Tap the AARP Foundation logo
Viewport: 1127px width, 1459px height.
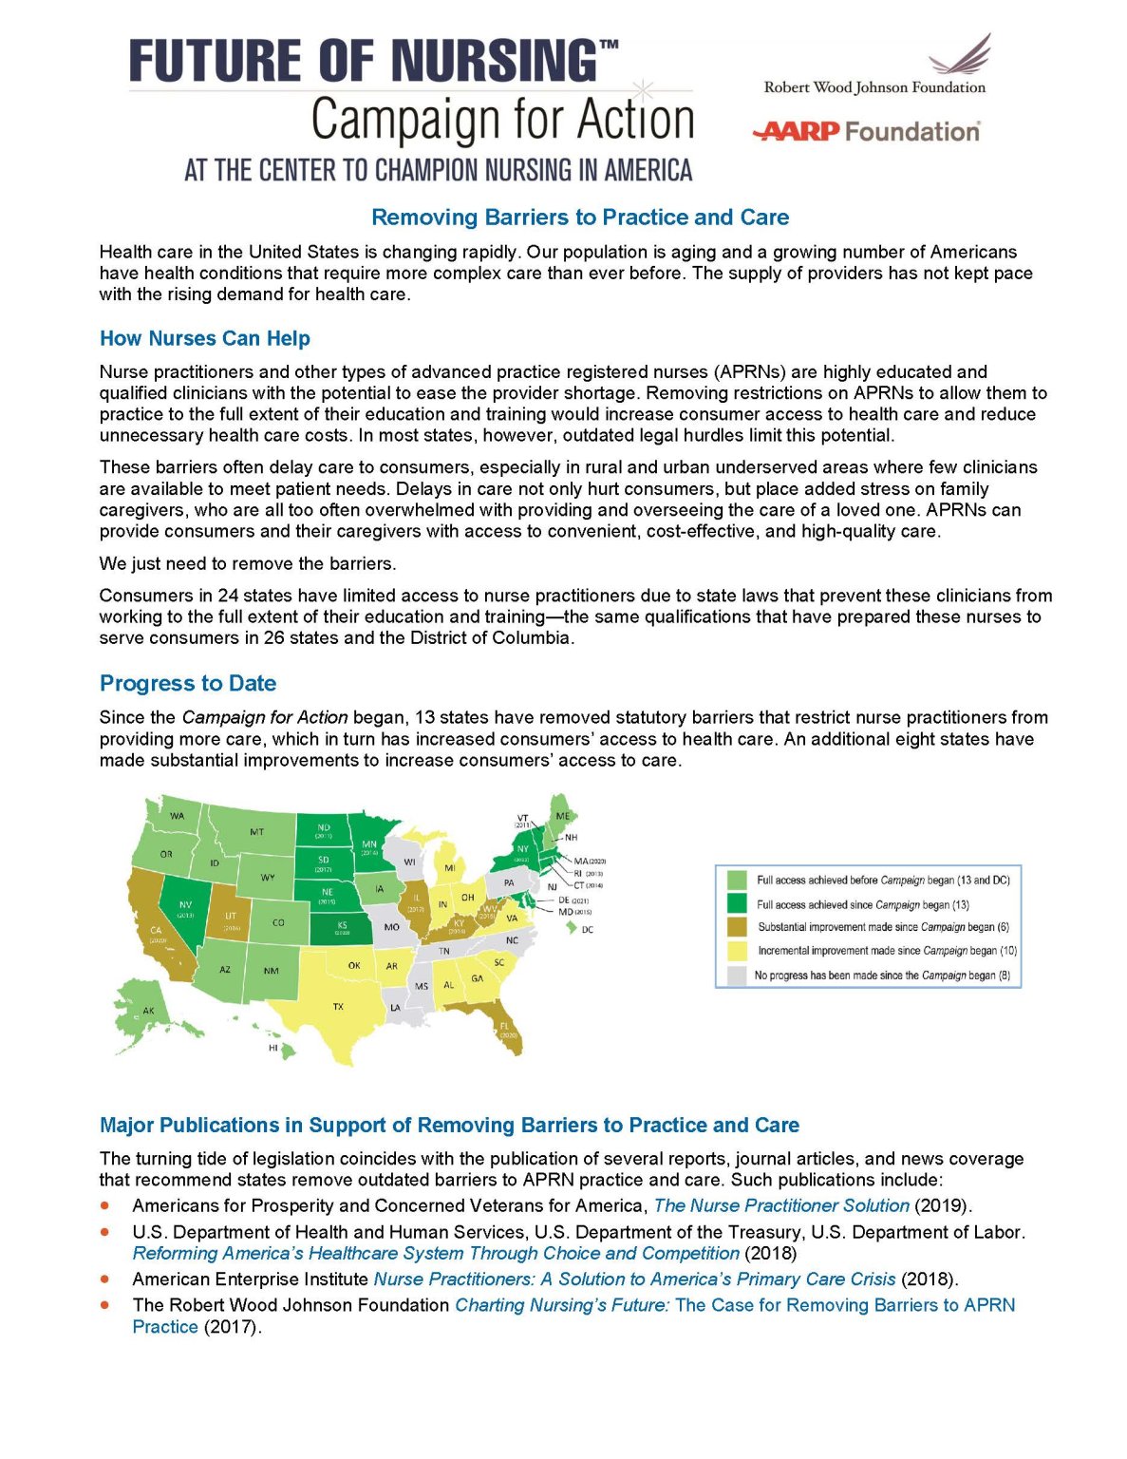[x=865, y=131]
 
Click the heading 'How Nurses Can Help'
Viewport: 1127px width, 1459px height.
[x=205, y=339]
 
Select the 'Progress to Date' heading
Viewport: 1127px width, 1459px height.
[x=188, y=684]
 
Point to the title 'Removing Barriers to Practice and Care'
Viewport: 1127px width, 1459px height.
[x=580, y=218]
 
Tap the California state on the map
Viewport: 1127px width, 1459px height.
[x=158, y=931]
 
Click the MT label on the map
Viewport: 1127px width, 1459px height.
[x=257, y=832]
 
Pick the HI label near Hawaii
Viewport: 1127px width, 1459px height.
[x=273, y=1049]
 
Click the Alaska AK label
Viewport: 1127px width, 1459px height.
[x=148, y=1011]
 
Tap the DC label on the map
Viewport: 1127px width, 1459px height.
[x=587, y=930]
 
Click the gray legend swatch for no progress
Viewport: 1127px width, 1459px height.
[x=736, y=976]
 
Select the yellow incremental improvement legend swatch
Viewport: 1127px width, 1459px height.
[x=736, y=951]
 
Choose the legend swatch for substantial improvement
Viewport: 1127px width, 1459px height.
[x=736, y=927]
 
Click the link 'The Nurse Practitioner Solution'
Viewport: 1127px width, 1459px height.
[x=781, y=1206]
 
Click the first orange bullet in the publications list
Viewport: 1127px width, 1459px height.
[x=105, y=1205]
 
